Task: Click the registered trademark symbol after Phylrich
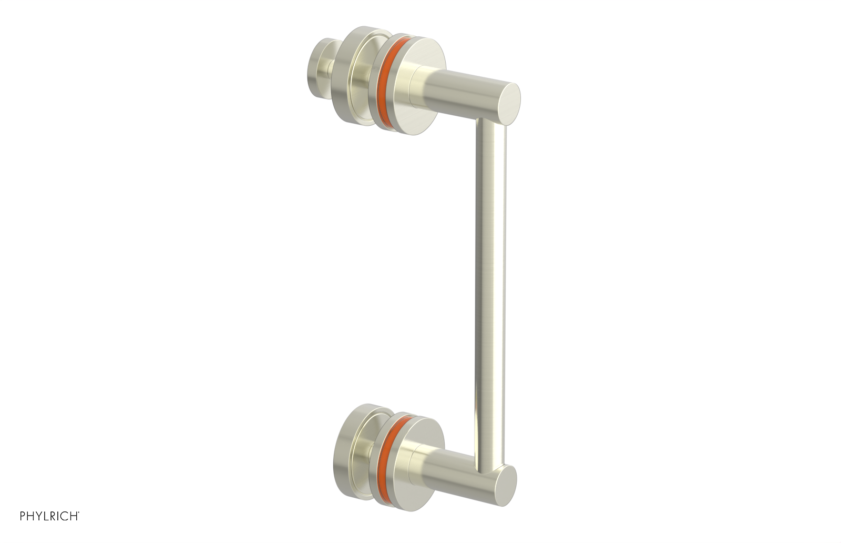(79, 528)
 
